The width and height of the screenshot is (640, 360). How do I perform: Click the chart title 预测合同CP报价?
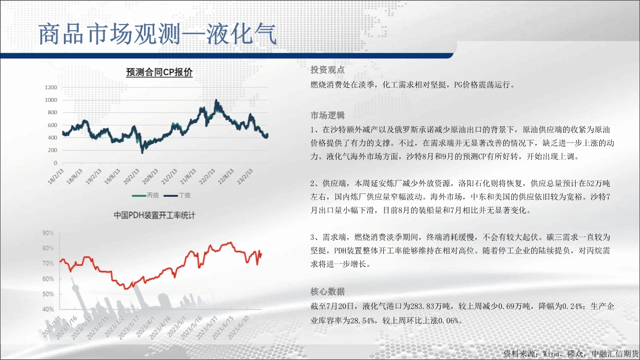tap(159, 72)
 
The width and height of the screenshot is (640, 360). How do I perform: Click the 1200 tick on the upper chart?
tap(51, 87)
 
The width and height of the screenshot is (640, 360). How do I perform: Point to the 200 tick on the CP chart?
tap(52, 150)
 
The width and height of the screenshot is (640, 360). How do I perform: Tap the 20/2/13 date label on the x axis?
tap(132, 176)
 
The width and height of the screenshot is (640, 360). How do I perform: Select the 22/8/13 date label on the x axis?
tap(226, 176)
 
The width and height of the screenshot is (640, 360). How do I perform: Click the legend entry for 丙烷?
tap(145, 195)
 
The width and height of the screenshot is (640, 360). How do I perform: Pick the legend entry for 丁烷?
tap(177, 195)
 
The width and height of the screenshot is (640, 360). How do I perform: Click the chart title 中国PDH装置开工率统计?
tap(155, 215)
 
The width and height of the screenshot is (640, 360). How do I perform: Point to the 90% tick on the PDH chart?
tap(48, 233)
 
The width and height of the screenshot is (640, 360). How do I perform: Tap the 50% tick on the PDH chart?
tap(48, 294)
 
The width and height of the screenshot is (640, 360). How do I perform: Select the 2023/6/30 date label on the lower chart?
tap(238, 327)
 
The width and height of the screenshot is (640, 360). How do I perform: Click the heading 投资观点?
tap(327, 70)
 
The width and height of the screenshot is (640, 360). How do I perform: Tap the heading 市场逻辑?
tap(327, 115)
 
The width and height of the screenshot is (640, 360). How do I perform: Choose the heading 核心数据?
tap(327, 291)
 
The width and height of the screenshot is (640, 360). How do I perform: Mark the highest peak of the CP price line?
tap(216, 100)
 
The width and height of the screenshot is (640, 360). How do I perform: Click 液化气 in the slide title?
tap(242, 34)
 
